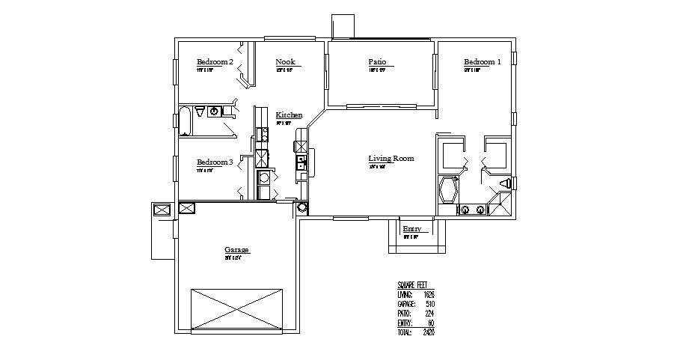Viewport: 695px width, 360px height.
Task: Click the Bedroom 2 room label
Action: [215, 62]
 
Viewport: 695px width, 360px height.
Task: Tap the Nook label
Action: [284, 62]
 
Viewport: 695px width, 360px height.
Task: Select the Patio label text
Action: [376, 62]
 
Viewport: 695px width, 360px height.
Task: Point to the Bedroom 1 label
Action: [483, 62]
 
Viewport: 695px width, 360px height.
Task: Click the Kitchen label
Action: [289, 115]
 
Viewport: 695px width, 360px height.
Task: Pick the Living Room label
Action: [391, 159]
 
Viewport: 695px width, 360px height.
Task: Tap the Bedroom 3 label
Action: [215, 162]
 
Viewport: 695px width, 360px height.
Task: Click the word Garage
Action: [236, 250]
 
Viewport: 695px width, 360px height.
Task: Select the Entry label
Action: [411, 229]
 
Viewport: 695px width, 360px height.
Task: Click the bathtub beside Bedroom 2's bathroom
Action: [185, 121]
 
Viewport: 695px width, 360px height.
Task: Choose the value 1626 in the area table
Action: [428, 295]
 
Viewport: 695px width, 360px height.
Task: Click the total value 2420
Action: [428, 332]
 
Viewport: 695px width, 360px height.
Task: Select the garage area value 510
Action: [429, 304]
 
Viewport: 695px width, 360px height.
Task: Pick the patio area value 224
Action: [429, 313]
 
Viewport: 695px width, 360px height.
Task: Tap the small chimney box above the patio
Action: [343, 25]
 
